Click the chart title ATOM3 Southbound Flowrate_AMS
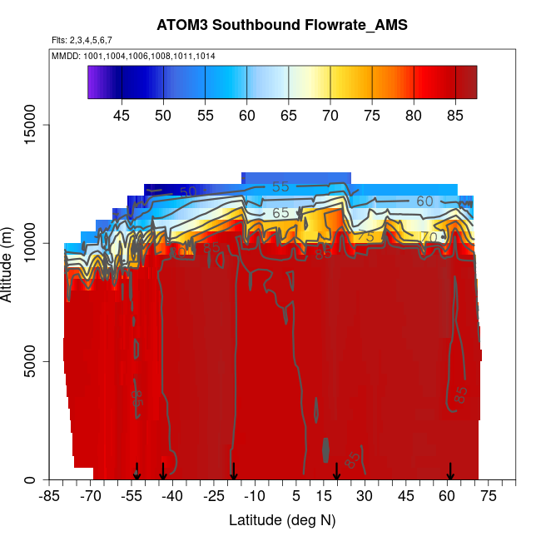click(282, 25)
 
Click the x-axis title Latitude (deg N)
click(282, 520)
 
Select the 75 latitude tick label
click(488, 497)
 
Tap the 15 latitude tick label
click(324, 497)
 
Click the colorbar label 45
click(122, 116)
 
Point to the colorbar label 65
click(289, 116)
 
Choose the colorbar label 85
click(455, 116)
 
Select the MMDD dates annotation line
click(133, 56)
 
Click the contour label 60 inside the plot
click(425, 201)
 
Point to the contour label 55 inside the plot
click(280, 187)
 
